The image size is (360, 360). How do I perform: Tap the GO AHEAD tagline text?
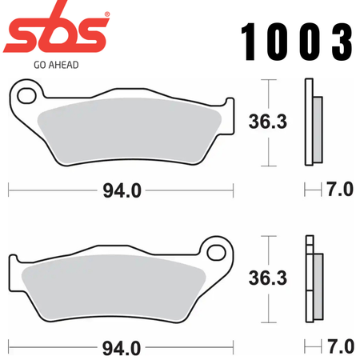pos(56,65)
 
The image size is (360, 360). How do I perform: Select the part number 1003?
pos(297,42)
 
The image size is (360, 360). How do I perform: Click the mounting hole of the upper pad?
pos(26,95)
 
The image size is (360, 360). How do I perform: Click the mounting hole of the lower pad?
pos(217,252)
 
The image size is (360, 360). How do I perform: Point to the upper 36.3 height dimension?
pos(268,122)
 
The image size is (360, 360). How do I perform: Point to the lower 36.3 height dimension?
pos(268,278)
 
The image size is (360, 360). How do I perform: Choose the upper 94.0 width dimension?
pos(122,190)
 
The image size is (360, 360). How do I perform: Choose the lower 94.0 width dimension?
pos(122,348)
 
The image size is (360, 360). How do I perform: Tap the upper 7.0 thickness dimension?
pos(340,190)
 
